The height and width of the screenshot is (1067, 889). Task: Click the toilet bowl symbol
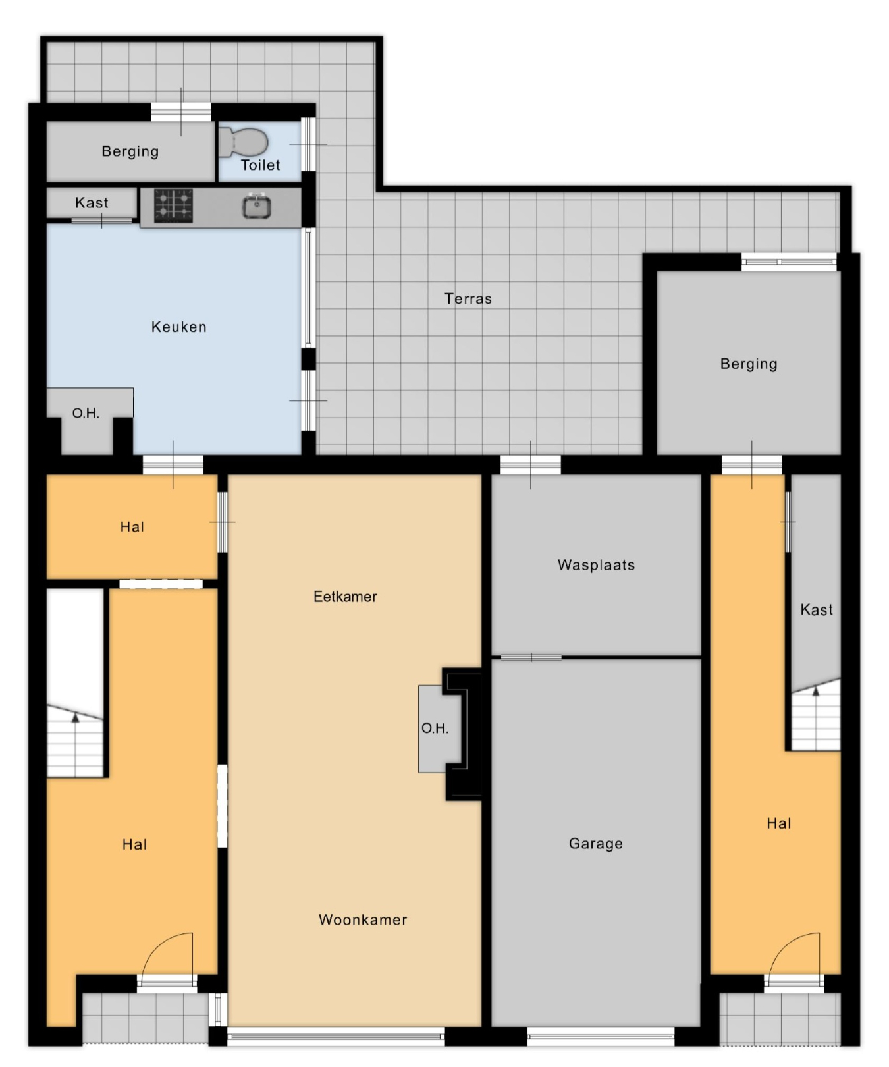point(244,142)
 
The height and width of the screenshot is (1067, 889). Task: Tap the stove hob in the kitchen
point(174,205)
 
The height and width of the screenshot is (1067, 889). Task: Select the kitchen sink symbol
point(257,206)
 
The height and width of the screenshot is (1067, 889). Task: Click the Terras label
point(468,299)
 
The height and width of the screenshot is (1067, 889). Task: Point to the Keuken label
point(179,327)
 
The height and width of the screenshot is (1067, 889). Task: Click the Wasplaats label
point(596,565)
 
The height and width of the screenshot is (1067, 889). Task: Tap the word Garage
point(596,844)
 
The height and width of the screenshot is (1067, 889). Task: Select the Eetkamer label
point(345,597)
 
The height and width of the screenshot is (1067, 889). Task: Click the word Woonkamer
point(363,920)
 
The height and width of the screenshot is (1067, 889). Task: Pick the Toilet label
point(261,165)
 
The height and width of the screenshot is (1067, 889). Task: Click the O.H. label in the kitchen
point(86,414)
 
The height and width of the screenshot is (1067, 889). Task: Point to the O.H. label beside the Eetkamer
point(435,728)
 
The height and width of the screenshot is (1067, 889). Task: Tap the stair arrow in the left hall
point(75,744)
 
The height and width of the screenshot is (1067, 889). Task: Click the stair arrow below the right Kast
point(815,718)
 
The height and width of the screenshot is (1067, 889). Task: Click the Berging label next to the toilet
point(130,151)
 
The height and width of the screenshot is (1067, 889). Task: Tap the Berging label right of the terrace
point(749,364)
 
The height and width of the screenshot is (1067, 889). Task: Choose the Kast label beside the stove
point(92,203)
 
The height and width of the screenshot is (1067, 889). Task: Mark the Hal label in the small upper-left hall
point(132,527)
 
